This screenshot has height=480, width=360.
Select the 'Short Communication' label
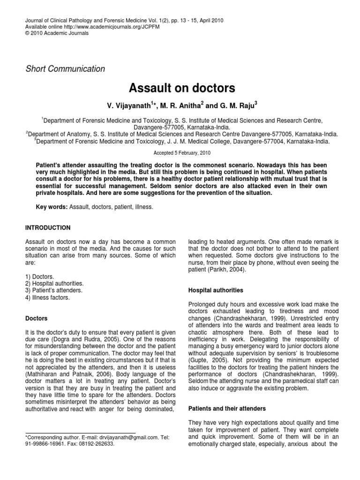point(65,69)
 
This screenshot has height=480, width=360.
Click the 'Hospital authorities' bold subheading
point(216,290)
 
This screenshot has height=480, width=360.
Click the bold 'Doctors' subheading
point(36,318)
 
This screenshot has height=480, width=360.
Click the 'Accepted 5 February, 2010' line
point(182,153)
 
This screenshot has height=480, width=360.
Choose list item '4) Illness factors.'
point(48,297)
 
